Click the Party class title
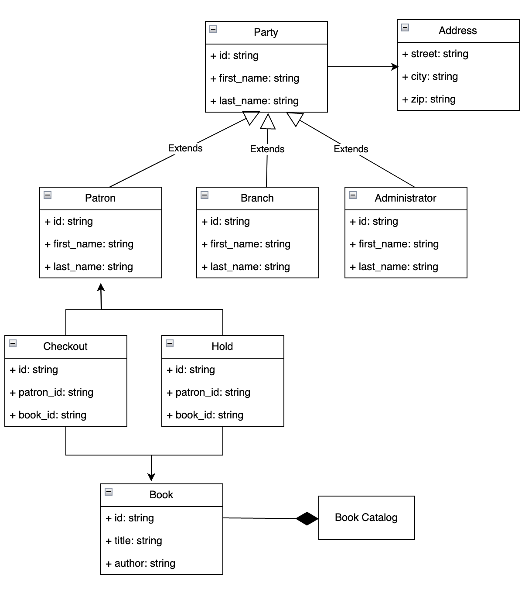[x=266, y=32]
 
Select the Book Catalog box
[x=366, y=517]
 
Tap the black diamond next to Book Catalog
[x=307, y=518]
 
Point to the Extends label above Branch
[x=267, y=149]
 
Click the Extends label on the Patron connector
[x=185, y=148]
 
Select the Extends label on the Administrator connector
[x=351, y=149]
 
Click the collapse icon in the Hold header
[x=170, y=343]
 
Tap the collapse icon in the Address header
[x=405, y=27]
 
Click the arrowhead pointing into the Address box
[x=395, y=67]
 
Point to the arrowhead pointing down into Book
[x=151, y=477]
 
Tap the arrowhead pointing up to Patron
[x=101, y=287]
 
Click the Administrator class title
[x=405, y=198]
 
